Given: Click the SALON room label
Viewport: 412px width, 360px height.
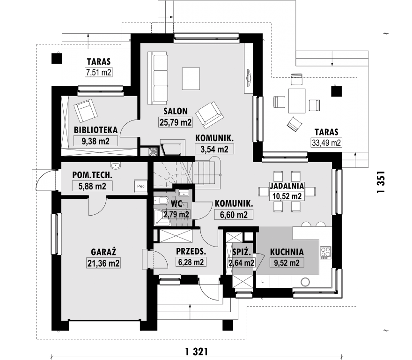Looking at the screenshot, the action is click(x=176, y=111).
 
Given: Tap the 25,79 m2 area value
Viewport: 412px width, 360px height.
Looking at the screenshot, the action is click(x=176, y=122).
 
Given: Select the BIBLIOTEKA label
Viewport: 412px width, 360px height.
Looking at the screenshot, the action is click(x=96, y=130).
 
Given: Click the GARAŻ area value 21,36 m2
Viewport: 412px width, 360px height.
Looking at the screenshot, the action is click(x=103, y=263).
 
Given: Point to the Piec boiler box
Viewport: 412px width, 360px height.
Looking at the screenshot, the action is click(x=141, y=186).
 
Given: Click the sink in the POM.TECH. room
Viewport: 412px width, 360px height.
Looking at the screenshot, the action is click(x=115, y=165).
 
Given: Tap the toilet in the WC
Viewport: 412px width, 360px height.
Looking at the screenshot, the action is click(x=162, y=201).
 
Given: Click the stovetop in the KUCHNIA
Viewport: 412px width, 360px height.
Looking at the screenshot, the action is click(x=325, y=252).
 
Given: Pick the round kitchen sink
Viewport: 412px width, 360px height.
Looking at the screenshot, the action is click(x=305, y=282).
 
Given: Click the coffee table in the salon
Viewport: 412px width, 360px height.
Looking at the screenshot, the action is click(x=191, y=79).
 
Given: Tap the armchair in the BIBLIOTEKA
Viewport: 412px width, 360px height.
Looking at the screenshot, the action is click(x=86, y=111).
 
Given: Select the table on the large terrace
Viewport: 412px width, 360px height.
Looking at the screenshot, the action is click(x=297, y=101).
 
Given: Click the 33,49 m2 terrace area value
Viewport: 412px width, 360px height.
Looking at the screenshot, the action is click(x=326, y=142).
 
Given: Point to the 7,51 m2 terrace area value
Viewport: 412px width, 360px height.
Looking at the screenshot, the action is click(x=99, y=72).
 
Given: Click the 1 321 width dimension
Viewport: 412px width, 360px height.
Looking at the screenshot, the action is click(x=197, y=351).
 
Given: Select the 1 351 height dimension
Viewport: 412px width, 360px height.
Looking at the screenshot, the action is click(x=381, y=182).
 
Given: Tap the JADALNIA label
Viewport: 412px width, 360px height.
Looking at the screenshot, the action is click(x=287, y=186).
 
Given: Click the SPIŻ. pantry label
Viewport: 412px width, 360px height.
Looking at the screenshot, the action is click(x=241, y=252).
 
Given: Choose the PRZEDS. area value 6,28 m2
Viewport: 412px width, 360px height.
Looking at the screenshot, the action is click(x=191, y=262).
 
